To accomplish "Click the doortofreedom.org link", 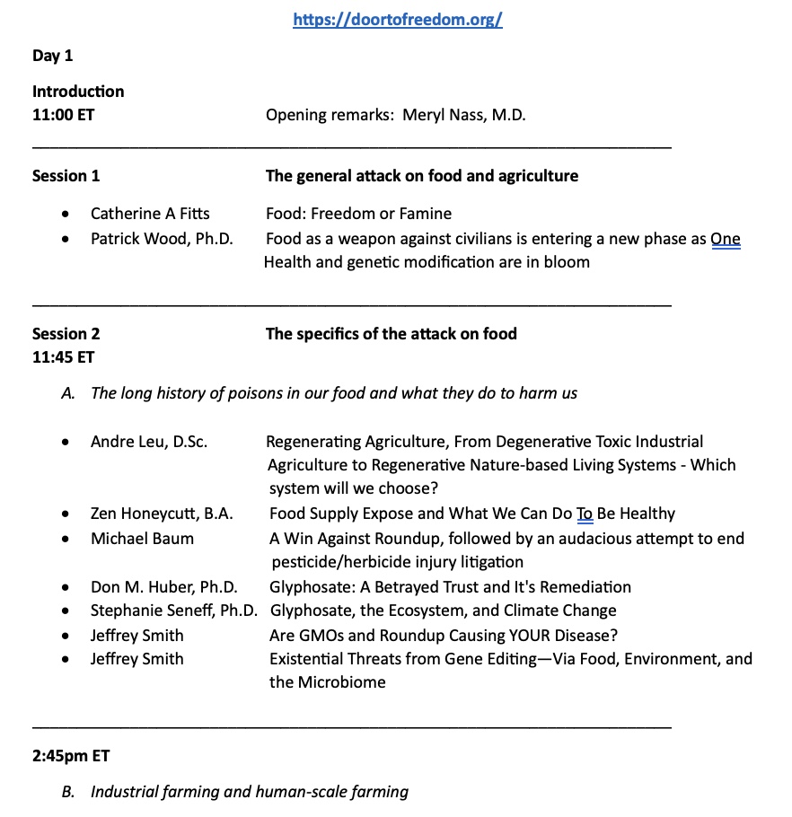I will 397,21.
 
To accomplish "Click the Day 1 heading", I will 53,56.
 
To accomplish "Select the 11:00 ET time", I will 63,115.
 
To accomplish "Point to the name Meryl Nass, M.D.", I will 464,115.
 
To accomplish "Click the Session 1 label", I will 66,176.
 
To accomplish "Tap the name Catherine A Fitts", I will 150,214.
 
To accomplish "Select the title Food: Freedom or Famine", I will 358,214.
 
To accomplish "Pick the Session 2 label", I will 66,334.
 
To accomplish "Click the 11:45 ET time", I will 63,357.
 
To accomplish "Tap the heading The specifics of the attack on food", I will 392,334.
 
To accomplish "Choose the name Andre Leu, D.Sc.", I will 149,442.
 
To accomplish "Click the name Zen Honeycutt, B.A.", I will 162,514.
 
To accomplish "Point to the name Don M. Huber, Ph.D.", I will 164,587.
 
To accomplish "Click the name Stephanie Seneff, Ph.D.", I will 174,611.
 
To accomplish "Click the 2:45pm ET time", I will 71,756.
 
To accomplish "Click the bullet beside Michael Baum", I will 66,540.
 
